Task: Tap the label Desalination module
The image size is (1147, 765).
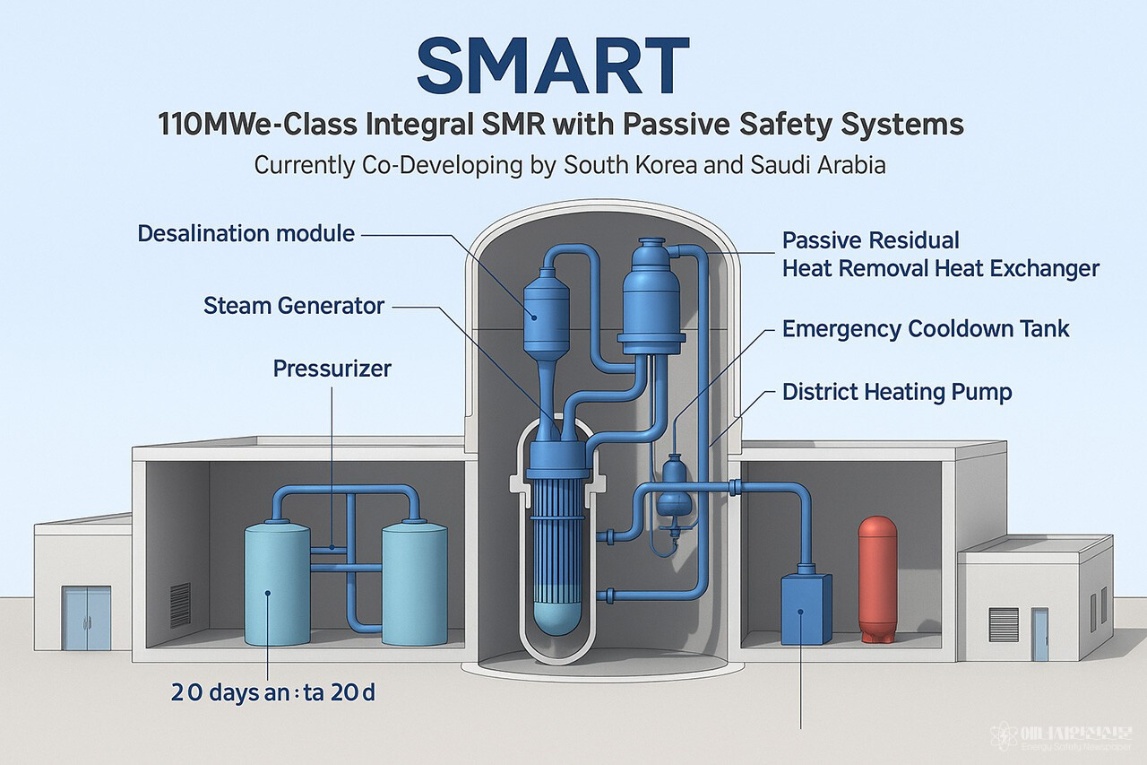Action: coord(246,234)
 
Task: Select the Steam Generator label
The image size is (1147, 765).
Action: coord(294,306)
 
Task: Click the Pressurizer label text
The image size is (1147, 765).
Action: coord(332,368)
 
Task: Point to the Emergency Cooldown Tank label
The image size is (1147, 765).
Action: coord(926,328)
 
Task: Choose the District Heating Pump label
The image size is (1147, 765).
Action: coord(897,392)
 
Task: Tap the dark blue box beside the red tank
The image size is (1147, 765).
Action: coord(806,610)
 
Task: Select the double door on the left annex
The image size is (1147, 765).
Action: coord(87,618)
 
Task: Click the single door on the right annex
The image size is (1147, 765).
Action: coord(1039,634)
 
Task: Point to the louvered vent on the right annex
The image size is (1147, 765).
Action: coord(1003,620)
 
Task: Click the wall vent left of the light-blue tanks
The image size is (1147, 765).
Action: coord(180,604)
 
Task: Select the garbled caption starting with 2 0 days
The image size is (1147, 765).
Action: coord(272,692)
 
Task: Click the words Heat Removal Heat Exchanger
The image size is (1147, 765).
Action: coord(941,268)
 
